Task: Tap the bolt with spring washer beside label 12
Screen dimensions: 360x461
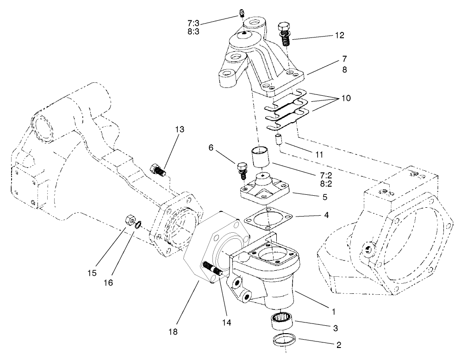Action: tap(285, 33)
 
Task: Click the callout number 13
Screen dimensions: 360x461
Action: tap(179, 130)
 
